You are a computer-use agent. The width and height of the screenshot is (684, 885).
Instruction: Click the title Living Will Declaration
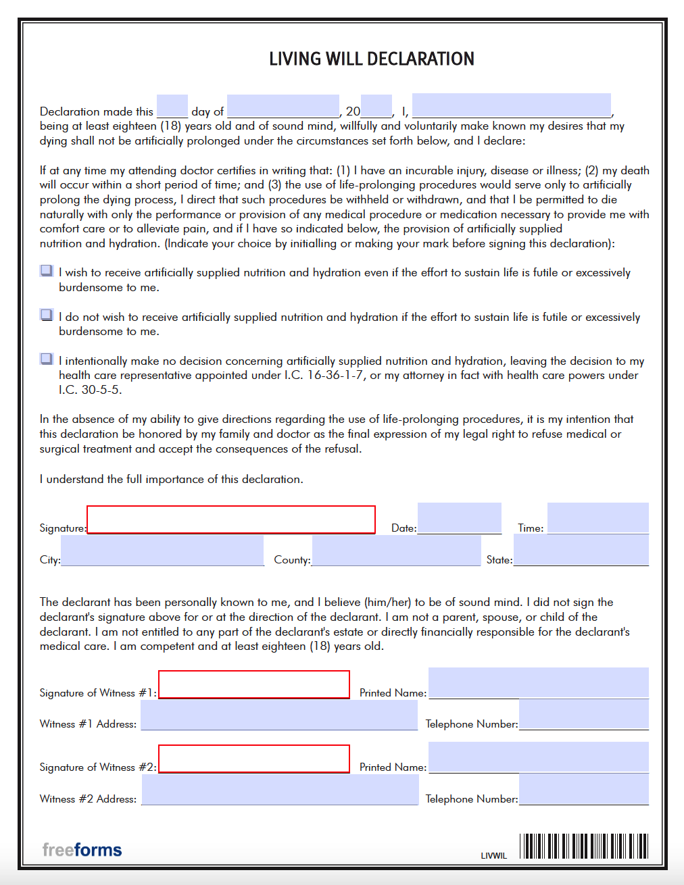(x=371, y=59)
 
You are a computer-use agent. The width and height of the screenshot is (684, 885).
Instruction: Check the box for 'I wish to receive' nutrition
(x=47, y=271)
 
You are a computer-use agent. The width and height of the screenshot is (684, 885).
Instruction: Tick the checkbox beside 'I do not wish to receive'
(x=47, y=315)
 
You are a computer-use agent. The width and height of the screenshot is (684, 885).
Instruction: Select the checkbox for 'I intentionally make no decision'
(x=47, y=359)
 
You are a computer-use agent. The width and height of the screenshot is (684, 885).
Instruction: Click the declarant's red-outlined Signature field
(x=230, y=520)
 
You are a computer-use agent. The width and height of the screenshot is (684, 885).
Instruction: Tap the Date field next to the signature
(x=459, y=518)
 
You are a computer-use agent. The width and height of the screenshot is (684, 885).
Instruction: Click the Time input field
(x=597, y=518)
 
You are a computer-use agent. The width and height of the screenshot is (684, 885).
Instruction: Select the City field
(x=162, y=551)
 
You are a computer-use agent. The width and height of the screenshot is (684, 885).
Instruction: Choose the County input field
(x=396, y=551)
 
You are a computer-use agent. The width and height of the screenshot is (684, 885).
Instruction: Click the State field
(x=581, y=551)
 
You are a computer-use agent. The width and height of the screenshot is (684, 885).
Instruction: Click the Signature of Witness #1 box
(x=254, y=684)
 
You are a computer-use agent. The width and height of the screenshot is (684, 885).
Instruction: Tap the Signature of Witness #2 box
(x=254, y=759)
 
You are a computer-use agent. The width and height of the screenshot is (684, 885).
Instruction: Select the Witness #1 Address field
(x=279, y=715)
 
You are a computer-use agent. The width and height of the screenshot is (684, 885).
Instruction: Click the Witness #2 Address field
(x=280, y=790)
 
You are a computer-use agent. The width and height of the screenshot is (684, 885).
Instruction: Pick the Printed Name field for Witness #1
(x=538, y=683)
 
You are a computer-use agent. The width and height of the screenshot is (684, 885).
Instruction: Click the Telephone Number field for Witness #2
(x=583, y=790)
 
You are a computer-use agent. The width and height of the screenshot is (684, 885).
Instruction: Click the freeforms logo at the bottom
(x=82, y=849)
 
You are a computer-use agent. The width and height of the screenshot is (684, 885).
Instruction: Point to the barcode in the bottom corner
(x=583, y=846)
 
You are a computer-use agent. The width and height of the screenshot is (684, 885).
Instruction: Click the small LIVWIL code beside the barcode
(x=493, y=855)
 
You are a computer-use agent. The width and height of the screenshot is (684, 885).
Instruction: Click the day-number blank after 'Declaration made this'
(x=172, y=107)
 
